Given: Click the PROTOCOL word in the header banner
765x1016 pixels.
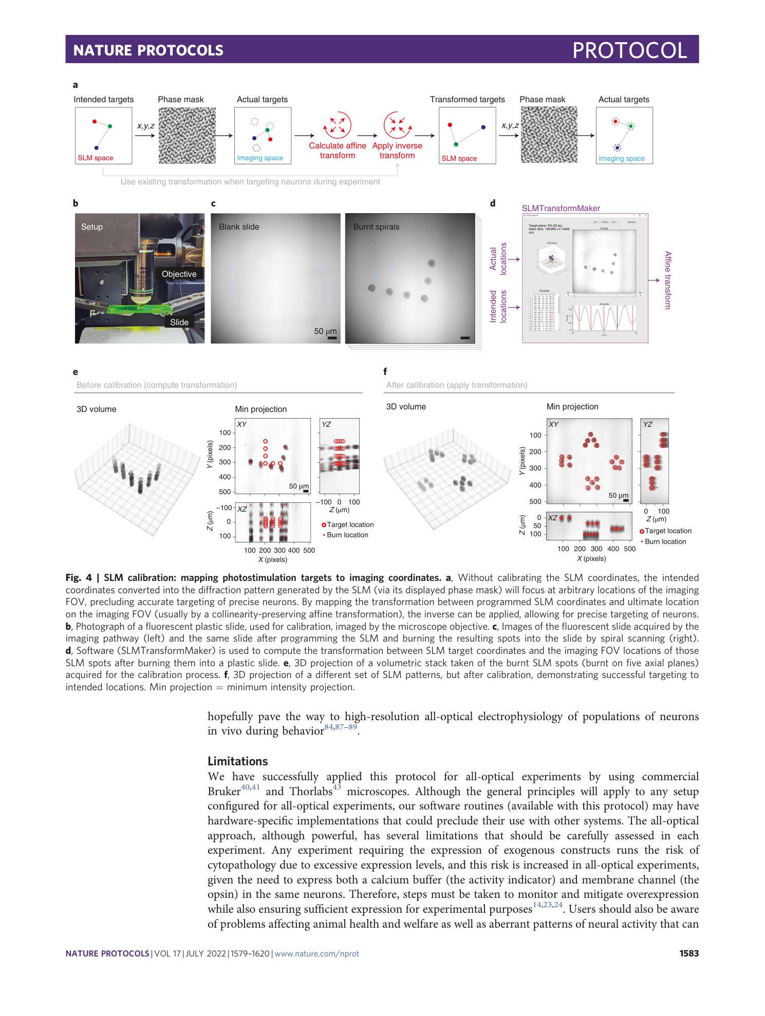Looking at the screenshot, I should coord(629,50).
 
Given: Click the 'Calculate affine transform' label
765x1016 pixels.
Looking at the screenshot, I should coord(338,150).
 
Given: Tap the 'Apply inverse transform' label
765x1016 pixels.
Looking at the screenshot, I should coord(397,150).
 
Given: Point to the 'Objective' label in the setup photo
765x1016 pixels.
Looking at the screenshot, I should coord(179,274).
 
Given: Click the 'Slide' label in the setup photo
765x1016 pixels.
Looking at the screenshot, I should coord(179,323).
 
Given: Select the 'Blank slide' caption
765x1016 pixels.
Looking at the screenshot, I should coord(239,227).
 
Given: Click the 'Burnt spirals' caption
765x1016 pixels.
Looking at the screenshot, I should coord(376,227).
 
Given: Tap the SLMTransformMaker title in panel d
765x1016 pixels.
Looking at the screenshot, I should coord(561,209).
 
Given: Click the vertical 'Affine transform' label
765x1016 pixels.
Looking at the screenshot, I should coord(667,280).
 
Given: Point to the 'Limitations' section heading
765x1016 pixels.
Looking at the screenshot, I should coord(238,761).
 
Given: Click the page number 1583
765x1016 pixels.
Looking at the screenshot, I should coord(688,953).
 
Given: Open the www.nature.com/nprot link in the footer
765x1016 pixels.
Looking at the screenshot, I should coord(316,954).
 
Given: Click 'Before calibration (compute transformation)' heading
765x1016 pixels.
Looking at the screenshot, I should coord(157,385).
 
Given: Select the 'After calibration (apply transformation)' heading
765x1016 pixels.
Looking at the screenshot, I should coord(457,385).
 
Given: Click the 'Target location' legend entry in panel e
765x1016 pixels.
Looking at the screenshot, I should coord(350,525).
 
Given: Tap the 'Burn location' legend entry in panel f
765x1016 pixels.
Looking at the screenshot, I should coord(665,542).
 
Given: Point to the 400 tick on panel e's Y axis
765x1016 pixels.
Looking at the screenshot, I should coord(225,477).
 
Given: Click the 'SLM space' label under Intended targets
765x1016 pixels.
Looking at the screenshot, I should coord(96,158).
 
